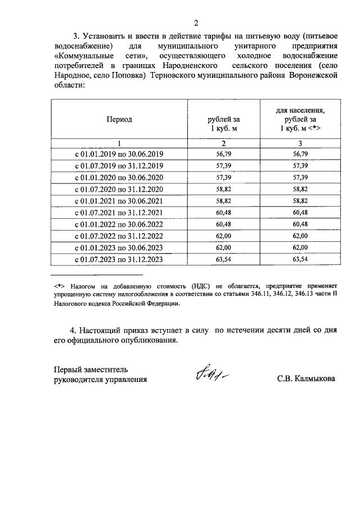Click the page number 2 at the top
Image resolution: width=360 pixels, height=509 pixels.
point(196,23)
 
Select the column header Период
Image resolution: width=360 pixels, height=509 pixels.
point(119,119)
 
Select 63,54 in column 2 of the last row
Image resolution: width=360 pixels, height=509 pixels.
point(224,259)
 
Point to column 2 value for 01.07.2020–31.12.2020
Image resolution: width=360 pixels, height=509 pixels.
point(224,189)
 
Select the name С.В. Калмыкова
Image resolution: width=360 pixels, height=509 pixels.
point(305,379)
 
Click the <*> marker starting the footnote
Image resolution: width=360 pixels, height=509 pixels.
point(57,285)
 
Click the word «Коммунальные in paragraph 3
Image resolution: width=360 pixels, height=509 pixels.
point(80,56)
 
